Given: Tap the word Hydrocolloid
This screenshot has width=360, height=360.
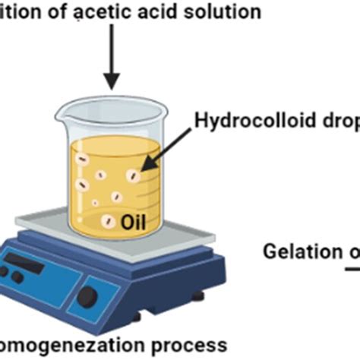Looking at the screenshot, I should click(x=242, y=121).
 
